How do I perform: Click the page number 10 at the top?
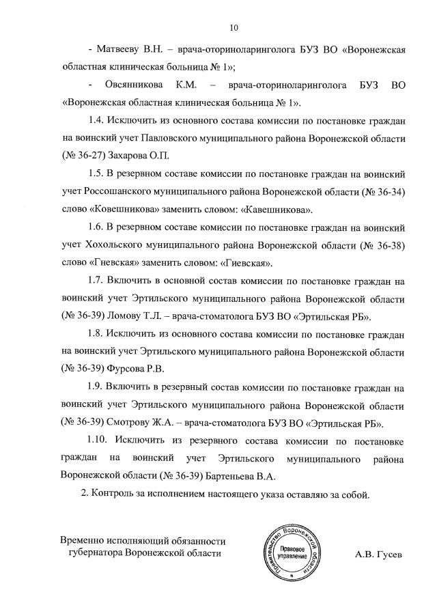click(x=234, y=28)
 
